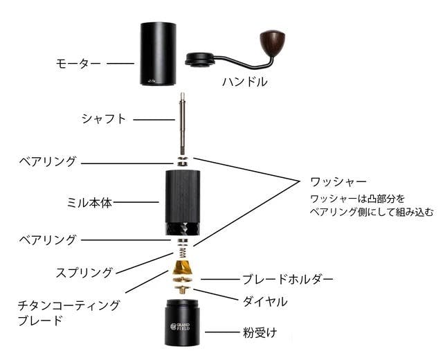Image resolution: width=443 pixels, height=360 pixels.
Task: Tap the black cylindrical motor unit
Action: click(x=159, y=54)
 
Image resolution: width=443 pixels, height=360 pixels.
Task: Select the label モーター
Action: click(x=78, y=63)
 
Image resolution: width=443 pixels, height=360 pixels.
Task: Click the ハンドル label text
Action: click(x=245, y=82)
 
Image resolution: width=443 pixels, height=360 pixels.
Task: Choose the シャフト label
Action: click(x=104, y=118)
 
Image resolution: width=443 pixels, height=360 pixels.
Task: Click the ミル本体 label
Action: click(x=89, y=203)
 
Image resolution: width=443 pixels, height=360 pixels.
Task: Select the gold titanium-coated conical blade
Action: click(x=183, y=267)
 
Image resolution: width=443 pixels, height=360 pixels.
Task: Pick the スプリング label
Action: click(x=84, y=273)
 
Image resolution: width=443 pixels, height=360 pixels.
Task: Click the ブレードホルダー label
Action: click(x=288, y=279)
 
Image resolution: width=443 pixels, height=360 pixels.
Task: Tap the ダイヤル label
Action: click(x=265, y=302)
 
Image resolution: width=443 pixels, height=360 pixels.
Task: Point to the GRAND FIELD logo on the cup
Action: click(x=180, y=327)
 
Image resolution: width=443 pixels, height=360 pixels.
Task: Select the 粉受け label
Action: click(x=260, y=332)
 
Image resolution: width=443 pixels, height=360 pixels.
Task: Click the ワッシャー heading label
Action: click(x=338, y=181)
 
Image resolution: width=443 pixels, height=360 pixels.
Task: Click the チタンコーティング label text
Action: click(x=69, y=305)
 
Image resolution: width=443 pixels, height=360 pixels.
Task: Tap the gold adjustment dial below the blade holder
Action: click(x=183, y=289)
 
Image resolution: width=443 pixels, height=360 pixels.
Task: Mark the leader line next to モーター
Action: click(x=120, y=63)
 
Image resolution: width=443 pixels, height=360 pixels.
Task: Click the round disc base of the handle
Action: click(x=200, y=60)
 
